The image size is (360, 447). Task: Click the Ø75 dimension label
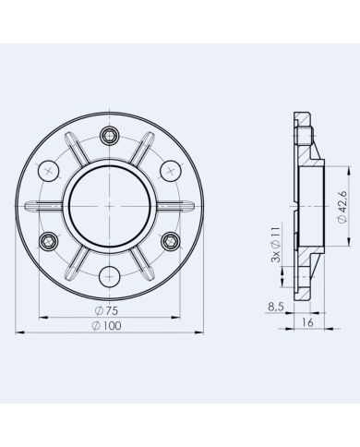106,310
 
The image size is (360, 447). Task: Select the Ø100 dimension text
106,325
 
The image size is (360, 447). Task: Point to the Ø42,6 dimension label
342,207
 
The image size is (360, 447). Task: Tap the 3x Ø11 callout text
276,245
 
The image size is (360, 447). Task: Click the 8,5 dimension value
276,307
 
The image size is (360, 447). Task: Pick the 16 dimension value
307,322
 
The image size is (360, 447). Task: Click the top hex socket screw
109,135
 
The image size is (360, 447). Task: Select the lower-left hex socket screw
49,241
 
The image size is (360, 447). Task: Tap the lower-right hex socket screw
170,241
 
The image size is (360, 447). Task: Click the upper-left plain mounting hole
48,171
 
